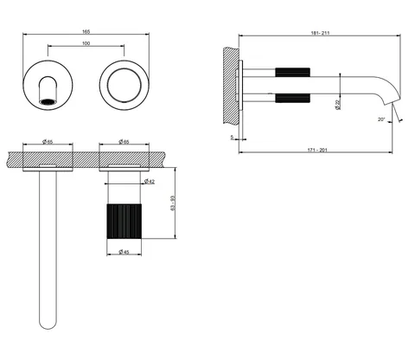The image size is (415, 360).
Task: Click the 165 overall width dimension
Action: click(86, 31)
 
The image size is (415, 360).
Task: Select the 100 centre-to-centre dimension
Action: click(86, 43)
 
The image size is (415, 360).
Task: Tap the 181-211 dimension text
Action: click(320, 33)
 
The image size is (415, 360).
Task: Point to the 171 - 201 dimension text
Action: click(317, 150)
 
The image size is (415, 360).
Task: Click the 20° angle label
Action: click(381, 119)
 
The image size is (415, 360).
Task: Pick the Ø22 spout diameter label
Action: click(338, 105)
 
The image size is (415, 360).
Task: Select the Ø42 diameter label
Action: click(150, 182)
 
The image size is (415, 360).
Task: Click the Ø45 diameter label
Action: click(124, 252)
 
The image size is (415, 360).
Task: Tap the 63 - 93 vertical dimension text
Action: click(173, 203)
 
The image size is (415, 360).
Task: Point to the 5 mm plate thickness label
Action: click(233, 138)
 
